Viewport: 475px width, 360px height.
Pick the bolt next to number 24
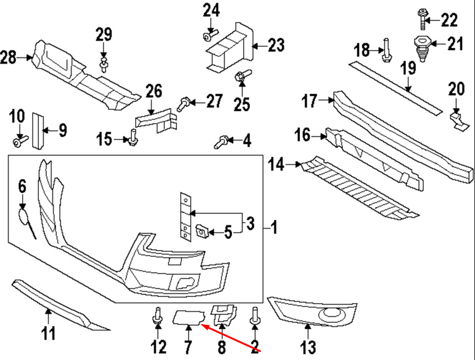click(x=208, y=35)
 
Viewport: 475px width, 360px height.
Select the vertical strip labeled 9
click(x=38, y=130)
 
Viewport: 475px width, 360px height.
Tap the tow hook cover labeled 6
click(x=23, y=216)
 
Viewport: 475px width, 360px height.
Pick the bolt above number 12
click(x=157, y=317)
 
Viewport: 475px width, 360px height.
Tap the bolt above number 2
click(x=254, y=317)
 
